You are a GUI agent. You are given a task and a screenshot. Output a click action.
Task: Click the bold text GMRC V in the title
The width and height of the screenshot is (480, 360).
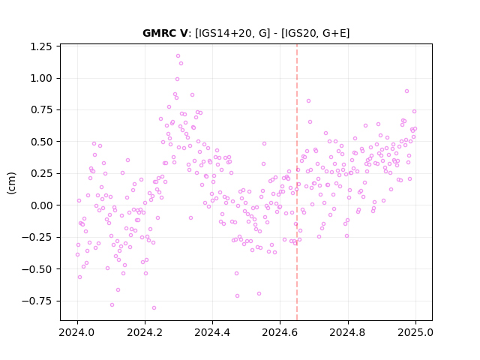point(165,33)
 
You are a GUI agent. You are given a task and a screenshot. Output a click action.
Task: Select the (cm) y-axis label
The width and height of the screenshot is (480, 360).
point(11,183)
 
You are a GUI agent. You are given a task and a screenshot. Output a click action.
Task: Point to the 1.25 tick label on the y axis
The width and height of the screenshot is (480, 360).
point(41,46)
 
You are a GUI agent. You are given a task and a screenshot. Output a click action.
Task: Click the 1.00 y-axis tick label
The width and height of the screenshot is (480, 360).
point(41,78)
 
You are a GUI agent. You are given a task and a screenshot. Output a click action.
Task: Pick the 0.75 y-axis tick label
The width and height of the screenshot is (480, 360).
point(41,109)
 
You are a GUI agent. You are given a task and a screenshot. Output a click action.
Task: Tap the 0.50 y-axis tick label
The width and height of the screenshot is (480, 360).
point(41,142)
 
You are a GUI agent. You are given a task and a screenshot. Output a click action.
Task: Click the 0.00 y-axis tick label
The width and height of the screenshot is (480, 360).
point(41,205)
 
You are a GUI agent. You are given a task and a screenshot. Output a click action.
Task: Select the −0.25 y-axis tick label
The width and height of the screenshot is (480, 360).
point(37,237)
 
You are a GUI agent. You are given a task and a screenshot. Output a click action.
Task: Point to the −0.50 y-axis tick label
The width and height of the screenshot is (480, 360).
point(37,269)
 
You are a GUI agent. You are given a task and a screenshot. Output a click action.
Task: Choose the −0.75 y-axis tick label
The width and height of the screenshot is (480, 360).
point(37,301)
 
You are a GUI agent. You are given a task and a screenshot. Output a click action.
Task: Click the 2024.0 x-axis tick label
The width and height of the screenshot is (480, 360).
point(76,332)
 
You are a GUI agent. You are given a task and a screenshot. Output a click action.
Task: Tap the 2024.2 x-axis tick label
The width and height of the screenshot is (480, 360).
point(145,332)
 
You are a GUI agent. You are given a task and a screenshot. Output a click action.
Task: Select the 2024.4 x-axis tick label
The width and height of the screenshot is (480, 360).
point(212,332)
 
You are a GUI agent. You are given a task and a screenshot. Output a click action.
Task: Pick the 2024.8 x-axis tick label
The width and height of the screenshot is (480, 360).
point(347,332)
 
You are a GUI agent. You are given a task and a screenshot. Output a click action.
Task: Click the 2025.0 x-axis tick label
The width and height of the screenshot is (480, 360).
point(415,332)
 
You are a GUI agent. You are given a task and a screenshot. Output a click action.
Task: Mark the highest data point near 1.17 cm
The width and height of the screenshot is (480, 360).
point(178,56)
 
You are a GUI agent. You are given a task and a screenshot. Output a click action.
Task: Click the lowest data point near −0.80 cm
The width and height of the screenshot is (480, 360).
point(154,308)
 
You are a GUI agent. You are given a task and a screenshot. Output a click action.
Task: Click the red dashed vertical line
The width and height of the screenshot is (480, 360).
point(297,182)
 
